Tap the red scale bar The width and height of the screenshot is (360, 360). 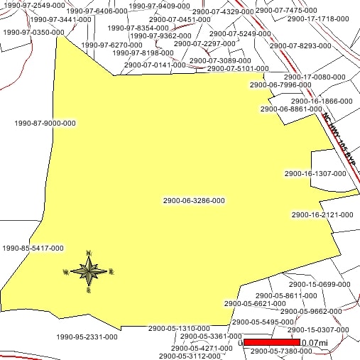click(271, 342)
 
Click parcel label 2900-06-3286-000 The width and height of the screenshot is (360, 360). click(194, 201)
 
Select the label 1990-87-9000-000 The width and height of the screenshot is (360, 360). click(45, 123)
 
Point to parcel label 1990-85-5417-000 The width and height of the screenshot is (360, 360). click(33, 249)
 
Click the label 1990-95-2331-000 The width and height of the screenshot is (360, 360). click(87, 337)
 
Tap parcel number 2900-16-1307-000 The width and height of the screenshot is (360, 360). click(315, 173)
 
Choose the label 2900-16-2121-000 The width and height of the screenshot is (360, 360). click(322, 214)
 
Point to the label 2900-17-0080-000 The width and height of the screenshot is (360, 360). click(315, 77)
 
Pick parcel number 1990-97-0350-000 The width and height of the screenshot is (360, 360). click(33, 33)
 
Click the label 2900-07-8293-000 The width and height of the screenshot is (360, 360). click(300, 45)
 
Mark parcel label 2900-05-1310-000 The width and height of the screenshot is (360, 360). click(179, 329)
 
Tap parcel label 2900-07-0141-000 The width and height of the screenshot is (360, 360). click(155, 65)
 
